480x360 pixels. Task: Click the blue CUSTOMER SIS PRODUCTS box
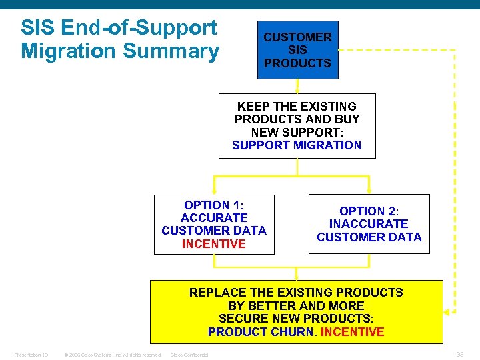pos(297,50)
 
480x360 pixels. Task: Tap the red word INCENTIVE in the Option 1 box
pos(213,244)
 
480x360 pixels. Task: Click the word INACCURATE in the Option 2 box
pos(369,224)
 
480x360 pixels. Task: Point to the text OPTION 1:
pos(213,205)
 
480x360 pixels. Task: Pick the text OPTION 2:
pos(369,211)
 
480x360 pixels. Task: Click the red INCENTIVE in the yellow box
pos(352,332)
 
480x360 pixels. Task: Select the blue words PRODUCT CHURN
pos(261,332)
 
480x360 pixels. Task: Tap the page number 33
pos(460,354)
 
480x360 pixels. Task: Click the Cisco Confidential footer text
pos(189,355)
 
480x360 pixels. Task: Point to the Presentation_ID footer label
pos(31,355)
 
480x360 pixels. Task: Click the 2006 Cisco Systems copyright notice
pos(112,355)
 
